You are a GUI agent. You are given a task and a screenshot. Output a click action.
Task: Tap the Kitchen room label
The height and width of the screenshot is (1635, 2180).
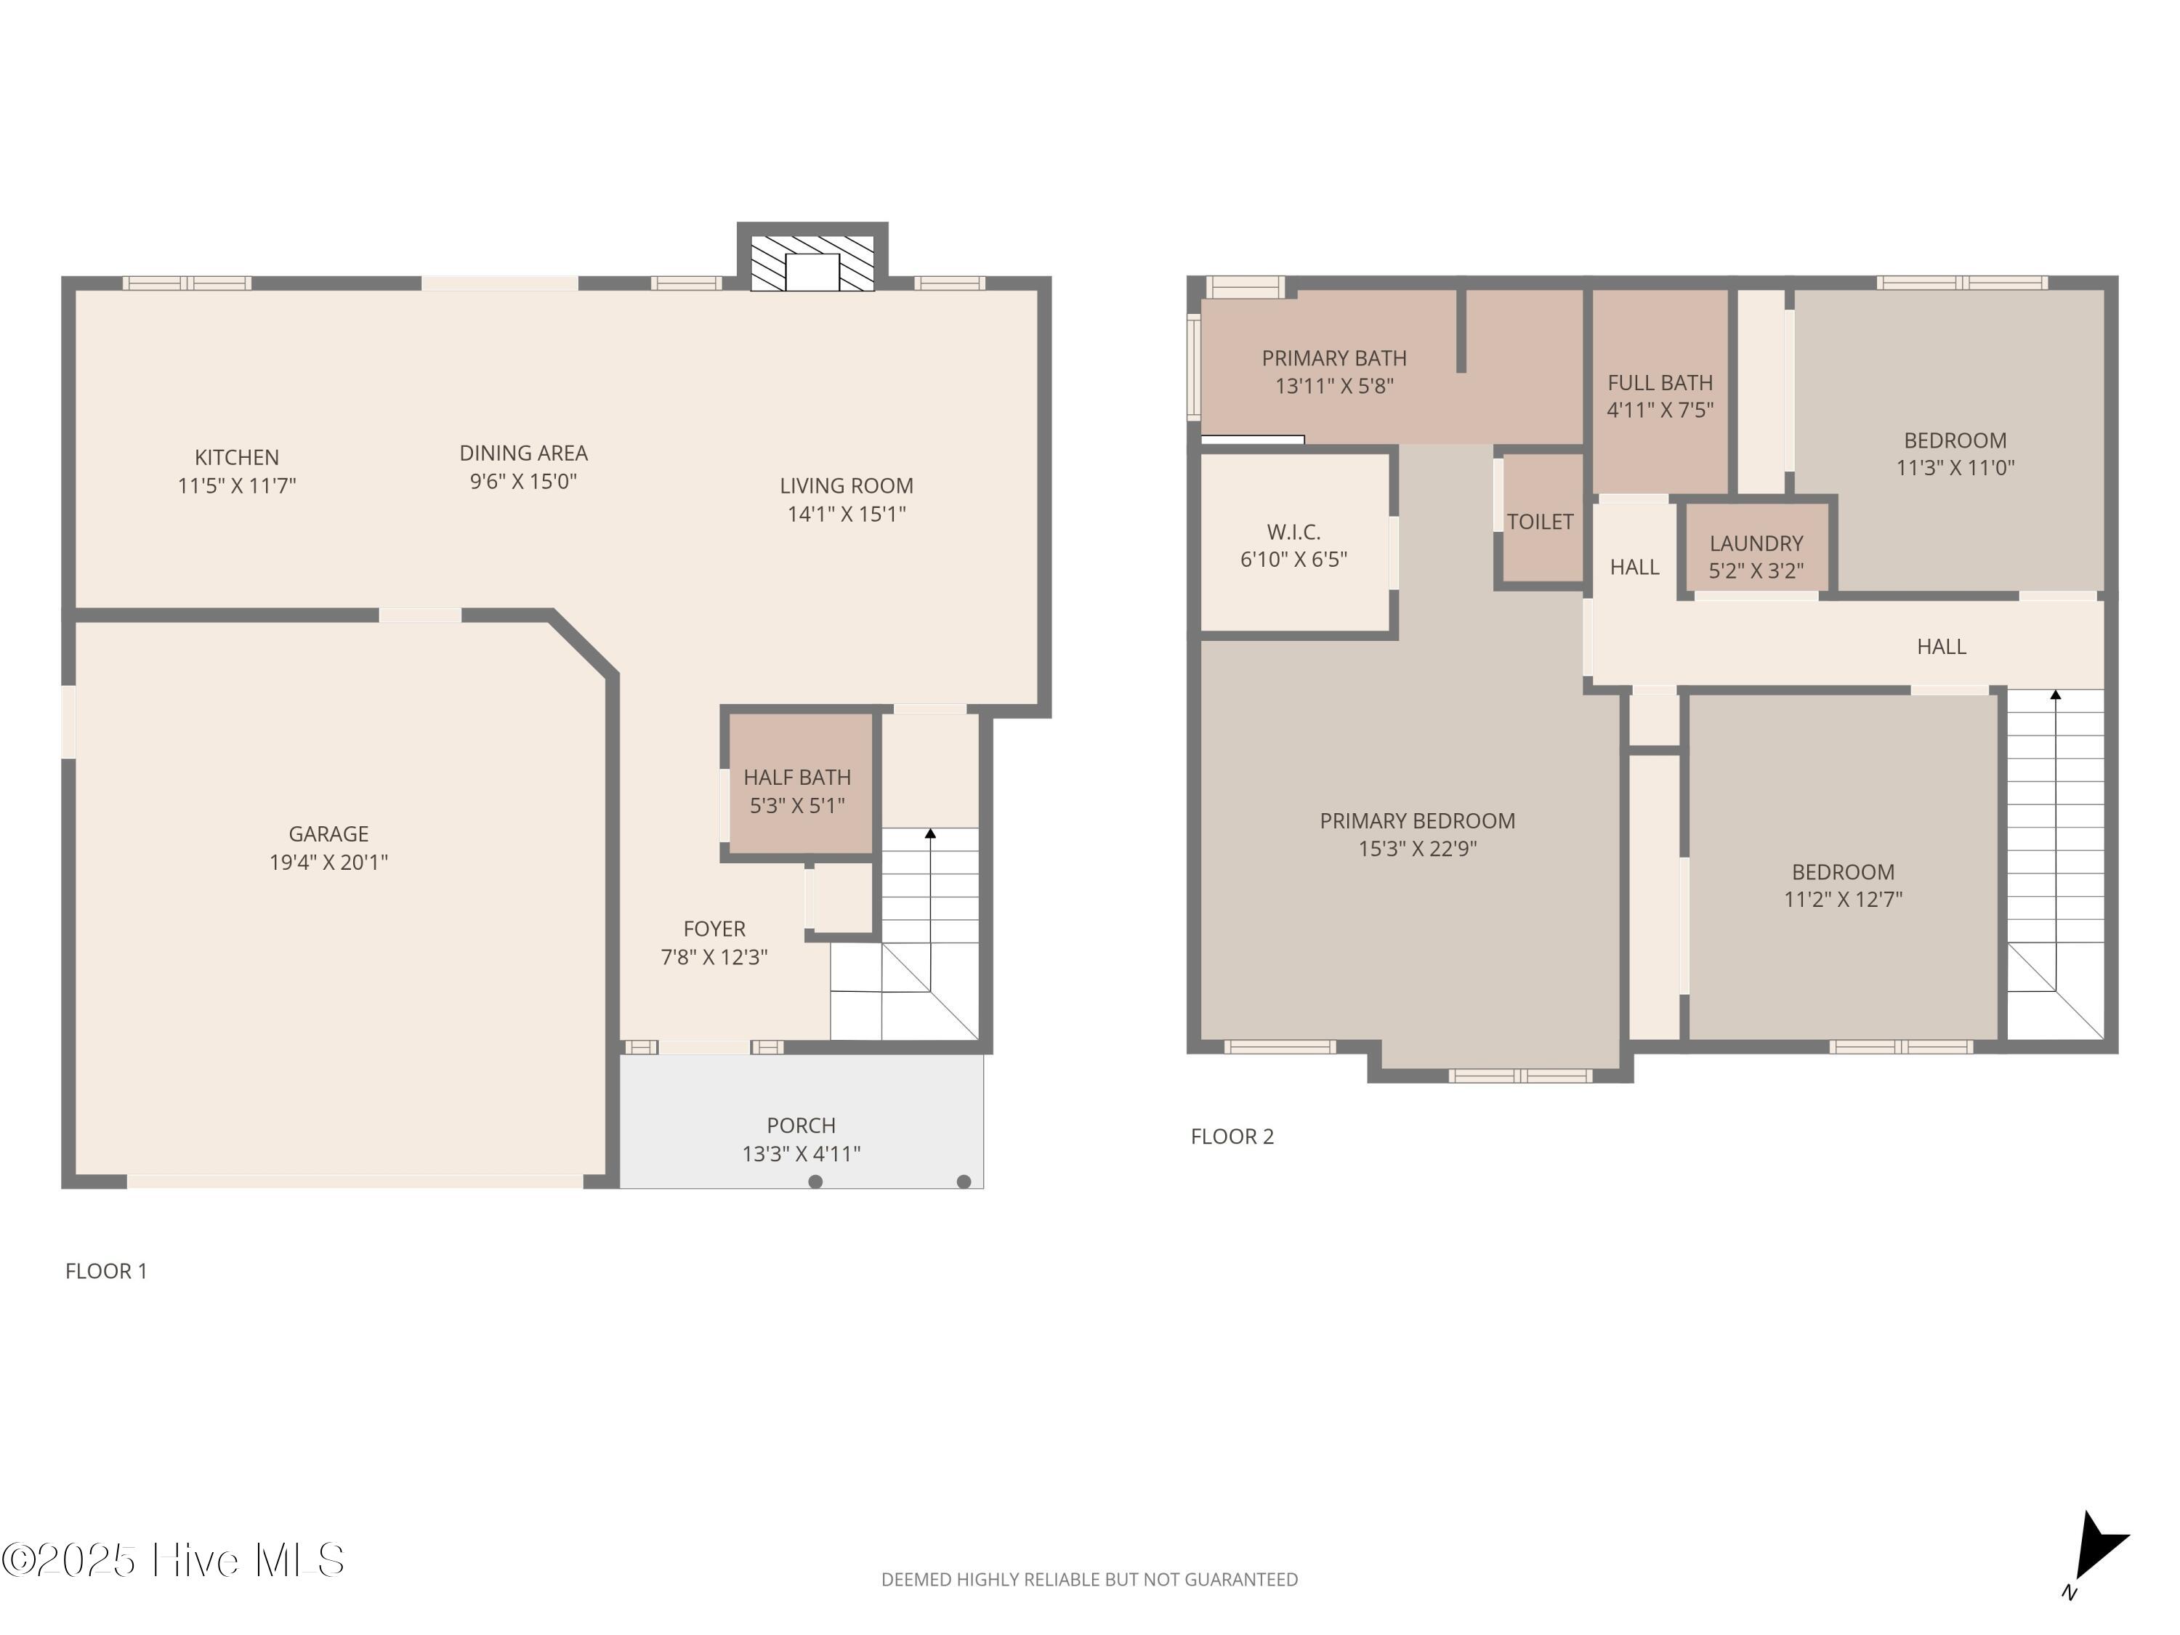(x=236, y=457)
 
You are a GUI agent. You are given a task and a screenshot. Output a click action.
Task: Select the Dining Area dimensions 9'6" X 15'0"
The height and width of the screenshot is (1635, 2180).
(x=523, y=482)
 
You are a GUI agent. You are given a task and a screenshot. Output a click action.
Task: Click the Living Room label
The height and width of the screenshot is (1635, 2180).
(x=847, y=486)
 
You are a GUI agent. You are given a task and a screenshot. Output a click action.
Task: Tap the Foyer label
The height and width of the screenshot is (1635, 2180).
(x=714, y=929)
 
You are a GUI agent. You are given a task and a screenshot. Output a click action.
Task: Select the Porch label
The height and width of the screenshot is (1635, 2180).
(x=802, y=1126)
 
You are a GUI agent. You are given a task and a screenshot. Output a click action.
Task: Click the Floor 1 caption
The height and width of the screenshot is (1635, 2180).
(x=106, y=1272)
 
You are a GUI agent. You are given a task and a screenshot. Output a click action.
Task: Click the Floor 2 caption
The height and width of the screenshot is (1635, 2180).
(x=1232, y=1137)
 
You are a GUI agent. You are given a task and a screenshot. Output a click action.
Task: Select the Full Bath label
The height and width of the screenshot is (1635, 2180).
(x=1660, y=382)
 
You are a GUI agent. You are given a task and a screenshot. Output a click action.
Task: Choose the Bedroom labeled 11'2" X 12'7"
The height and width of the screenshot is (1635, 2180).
(x=1843, y=867)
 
